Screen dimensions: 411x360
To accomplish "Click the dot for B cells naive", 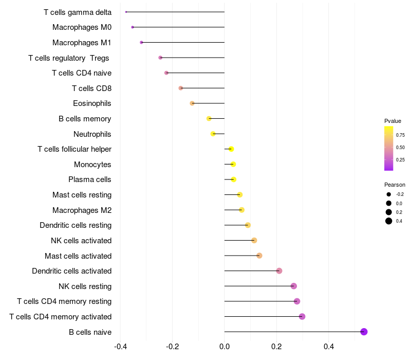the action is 364,332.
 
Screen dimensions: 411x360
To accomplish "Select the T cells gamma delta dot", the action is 126,12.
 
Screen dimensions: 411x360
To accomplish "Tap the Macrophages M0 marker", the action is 133,27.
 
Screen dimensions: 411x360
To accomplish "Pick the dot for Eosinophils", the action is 192,103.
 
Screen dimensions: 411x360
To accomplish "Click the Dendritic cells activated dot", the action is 279,271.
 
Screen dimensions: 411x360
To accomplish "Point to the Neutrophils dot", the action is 213,134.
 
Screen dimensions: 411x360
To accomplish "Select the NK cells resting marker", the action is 294,286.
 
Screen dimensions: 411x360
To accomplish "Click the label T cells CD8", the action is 92,88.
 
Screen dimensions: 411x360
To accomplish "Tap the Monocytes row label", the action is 92,165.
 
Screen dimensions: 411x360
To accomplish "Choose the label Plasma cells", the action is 89,179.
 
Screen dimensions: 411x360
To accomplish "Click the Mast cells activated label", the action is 78,256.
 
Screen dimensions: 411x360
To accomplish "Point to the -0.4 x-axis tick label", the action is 121,347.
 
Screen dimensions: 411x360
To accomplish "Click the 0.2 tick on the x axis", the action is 276,347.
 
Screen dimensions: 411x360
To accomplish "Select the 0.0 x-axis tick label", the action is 225,347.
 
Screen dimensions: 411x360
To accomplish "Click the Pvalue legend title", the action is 393,121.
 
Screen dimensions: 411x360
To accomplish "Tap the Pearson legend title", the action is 395,185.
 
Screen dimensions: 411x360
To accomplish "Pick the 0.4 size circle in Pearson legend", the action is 389,221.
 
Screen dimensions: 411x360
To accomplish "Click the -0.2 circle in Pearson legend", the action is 389,194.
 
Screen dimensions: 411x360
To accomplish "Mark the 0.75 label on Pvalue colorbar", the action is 400,135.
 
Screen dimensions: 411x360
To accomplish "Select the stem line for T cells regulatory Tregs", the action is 192,58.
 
